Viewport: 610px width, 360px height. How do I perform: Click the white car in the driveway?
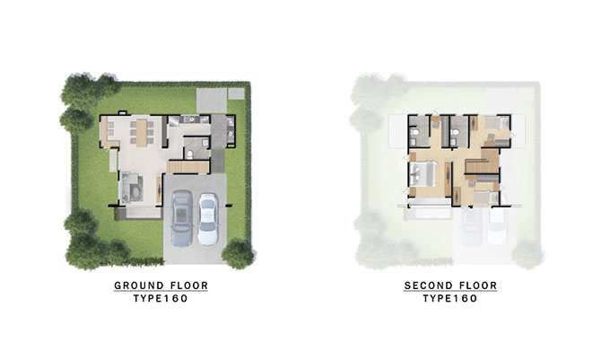pyautogui.click(x=208, y=218)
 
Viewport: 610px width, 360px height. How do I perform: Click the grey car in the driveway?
pyautogui.click(x=182, y=217)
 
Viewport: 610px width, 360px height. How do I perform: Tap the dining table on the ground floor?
pyautogui.click(x=142, y=132)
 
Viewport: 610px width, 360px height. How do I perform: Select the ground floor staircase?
pyautogui.click(x=188, y=167)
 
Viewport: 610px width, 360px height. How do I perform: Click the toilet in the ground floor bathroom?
pyautogui.click(x=190, y=154)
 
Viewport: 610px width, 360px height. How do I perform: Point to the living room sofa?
pyautogui.click(x=130, y=187)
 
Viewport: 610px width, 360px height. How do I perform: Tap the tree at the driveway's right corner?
pyautogui.click(x=238, y=254)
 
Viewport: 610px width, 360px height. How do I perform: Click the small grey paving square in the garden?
pyautogui.click(x=236, y=93)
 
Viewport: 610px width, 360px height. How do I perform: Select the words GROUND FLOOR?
pyautogui.click(x=161, y=285)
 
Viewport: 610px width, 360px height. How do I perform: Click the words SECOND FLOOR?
pyautogui.click(x=450, y=285)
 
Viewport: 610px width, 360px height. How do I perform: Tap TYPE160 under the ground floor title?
pyautogui.click(x=161, y=299)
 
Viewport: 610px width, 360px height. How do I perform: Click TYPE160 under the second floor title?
pyautogui.click(x=450, y=299)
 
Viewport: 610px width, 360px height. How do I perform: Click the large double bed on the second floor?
pyautogui.click(x=423, y=174)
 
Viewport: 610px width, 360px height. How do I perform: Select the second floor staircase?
pyautogui.click(x=483, y=161)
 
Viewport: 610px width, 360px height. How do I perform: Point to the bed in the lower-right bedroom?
pyautogui.click(x=485, y=198)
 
